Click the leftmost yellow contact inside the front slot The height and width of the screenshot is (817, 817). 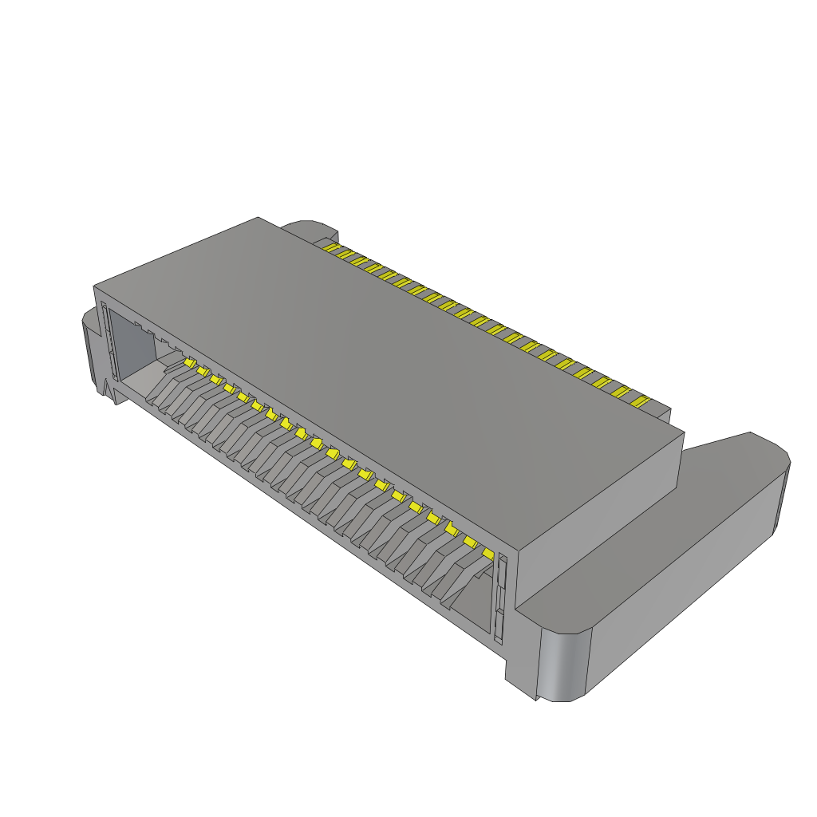pyautogui.click(x=190, y=363)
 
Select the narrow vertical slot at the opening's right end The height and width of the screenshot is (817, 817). pyautogui.click(x=501, y=598)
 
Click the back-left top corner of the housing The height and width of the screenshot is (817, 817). pyautogui.click(x=259, y=218)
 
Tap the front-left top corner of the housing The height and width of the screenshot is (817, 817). pyautogui.click(x=95, y=285)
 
